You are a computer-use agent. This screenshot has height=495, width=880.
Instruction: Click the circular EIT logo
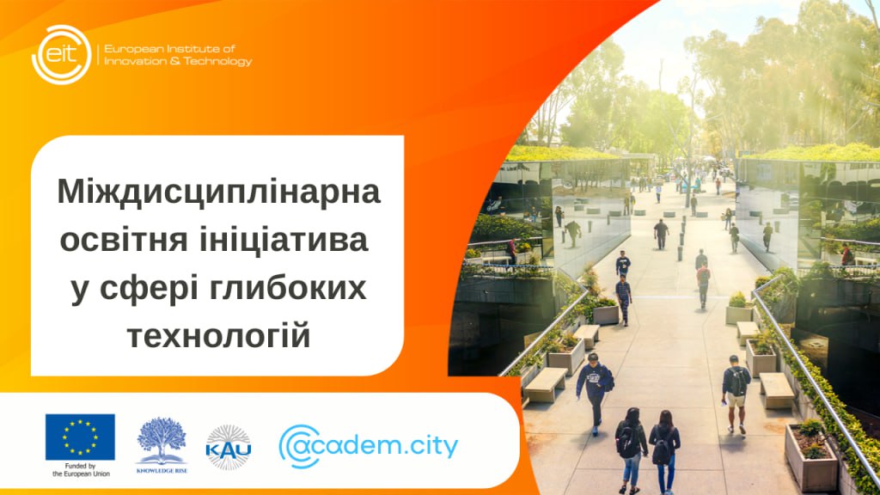pyautogui.click(x=62, y=54)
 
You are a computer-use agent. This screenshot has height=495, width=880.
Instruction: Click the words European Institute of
pyautogui.click(x=169, y=49)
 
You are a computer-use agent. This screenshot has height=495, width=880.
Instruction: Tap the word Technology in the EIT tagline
pyautogui.click(x=217, y=61)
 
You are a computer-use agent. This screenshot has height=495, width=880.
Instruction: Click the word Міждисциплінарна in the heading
pyautogui.click(x=219, y=192)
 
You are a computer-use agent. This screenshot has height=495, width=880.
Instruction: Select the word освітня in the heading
pyautogui.click(x=124, y=241)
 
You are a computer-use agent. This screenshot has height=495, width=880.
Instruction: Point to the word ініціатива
pyautogui.click(x=284, y=240)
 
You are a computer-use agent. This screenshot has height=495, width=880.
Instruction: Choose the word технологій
pyautogui.click(x=219, y=336)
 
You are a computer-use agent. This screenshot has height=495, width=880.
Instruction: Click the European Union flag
pyautogui.click(x=80, y=437)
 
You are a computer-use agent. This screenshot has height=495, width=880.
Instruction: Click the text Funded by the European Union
pyautogui.click(x=81, y=470)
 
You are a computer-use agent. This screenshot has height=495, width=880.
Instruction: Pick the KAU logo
pyautogui.click(x=229, y=447)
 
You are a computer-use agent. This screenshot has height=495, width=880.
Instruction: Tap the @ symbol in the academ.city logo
pyautogui.click(x=300, y=446)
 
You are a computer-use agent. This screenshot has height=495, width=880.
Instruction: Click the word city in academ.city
pyautogui.click(x=432, y=446)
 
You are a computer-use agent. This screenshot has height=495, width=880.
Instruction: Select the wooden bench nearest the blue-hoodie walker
pyautogui.click(x=545, y=384)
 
